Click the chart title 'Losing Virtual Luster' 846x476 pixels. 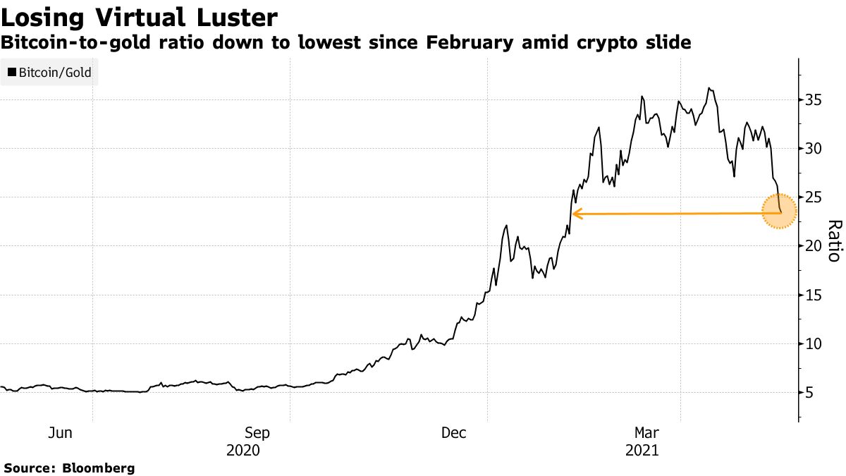[139, 16]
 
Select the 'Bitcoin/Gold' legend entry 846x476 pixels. [49, 72]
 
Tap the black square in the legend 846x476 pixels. [12, 72]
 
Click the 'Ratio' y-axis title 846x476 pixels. [833, 240]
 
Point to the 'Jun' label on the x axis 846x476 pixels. [60, 433]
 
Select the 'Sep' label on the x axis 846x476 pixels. [257, 433]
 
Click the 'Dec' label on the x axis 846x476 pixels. [454, 433]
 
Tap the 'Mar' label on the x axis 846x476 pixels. [647, 433]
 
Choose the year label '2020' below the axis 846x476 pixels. [243, 450]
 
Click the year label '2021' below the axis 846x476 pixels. [642, 450]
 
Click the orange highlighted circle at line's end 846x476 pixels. [779, 212]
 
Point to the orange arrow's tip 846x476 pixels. [573, 213]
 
